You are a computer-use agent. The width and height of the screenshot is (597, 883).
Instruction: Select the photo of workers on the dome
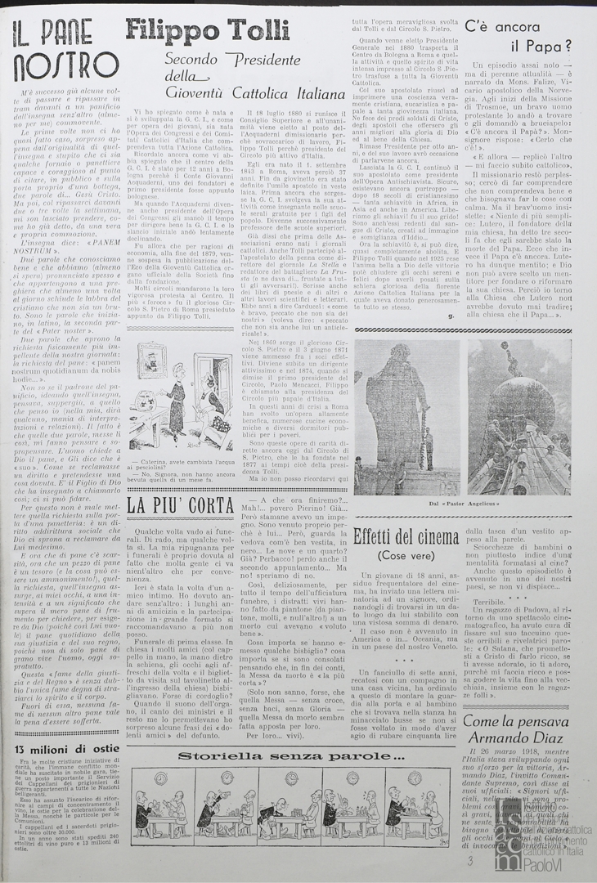click(x=530, y=418)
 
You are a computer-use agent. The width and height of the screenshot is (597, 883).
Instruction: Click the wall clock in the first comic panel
click(x=160, y=779)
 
